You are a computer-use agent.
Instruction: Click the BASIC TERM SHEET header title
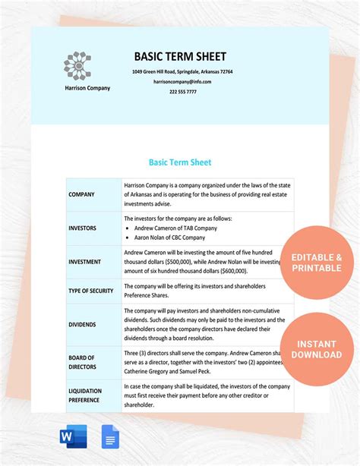[180, 57]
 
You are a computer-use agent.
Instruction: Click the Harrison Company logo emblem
[77, 66]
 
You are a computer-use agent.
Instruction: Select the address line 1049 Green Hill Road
[182, 71]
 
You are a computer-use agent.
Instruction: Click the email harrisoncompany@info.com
[182, 81]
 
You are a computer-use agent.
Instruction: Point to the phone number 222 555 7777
[182, 91]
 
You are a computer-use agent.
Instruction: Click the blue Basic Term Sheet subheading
[180, 162]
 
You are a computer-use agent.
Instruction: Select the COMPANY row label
[81, 194]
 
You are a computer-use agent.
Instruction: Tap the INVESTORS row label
[83, 227]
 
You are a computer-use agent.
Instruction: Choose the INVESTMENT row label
[84, 262]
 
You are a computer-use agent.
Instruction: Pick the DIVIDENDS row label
[82, 324]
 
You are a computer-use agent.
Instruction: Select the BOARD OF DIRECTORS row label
[82, 362]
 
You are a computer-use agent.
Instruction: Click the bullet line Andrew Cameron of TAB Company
[175, 228]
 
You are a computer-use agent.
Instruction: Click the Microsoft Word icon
[73, 436]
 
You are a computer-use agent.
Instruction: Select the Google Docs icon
[109, 436]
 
